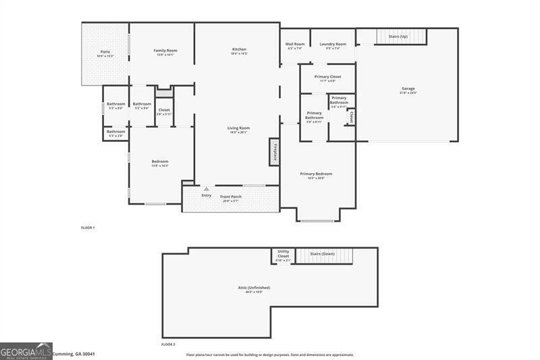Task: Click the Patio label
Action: (x=105, y=51)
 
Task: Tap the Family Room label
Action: (x=165, y=51)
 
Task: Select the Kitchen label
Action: (x=239, y=49)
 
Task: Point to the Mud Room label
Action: (x=296, y=44)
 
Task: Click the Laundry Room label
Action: (x=333, y=44)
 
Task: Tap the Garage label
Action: (x=408, y=88)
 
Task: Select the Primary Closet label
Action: (x=327, y=77)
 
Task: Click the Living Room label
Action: (x=238, y=128)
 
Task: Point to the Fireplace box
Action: (x=274, y=152)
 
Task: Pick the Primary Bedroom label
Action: (x=316, y=174)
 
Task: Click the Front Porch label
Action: (x=231, y=197)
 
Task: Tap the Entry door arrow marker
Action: (x=207, y=189)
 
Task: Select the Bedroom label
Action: (x=160, y=161)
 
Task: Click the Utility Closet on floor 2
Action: (x=283, y=255)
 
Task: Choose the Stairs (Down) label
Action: (x=322, y=253)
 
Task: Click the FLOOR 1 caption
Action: (x=88, y=228)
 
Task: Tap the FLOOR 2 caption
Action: (x=168, y=344)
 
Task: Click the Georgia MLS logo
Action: (x=26, y=351)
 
